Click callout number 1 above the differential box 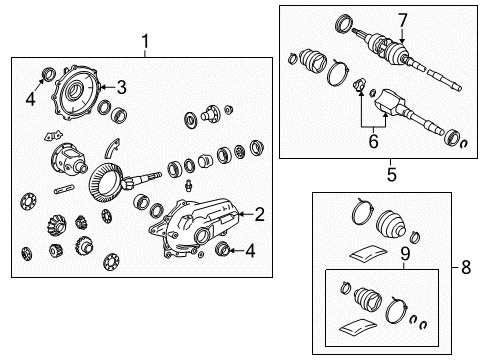pos(146,41)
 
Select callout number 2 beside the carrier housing pos(259,212)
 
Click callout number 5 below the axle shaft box pos(390,173)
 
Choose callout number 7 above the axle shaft pos(403,19)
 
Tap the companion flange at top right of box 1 pos(211,112)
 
